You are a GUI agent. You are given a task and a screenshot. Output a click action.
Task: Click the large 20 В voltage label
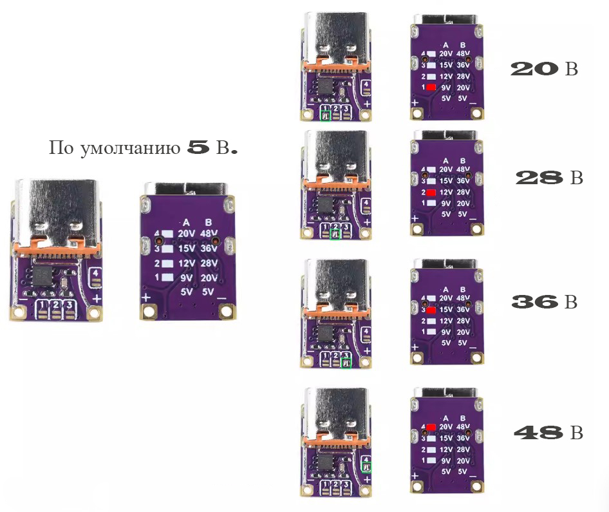(543, 69)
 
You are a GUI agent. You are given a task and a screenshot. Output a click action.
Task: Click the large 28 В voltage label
(549, 178)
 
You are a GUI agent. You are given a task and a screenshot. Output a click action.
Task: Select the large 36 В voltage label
(544, 301)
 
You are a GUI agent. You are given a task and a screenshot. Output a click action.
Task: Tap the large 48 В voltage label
(548, 433)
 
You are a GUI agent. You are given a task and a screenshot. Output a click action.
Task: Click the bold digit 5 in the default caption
(198, 147)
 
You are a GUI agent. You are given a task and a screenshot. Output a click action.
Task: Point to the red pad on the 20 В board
(431, 87)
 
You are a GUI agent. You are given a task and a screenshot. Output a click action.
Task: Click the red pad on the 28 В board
(431, 193)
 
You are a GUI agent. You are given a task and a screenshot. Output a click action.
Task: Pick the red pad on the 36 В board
(431, 310)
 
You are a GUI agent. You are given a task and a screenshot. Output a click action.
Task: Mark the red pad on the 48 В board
(431, 426)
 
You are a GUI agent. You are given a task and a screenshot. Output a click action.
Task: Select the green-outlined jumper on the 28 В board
(335, 235)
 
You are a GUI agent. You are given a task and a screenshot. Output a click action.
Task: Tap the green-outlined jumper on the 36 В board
(347, 363)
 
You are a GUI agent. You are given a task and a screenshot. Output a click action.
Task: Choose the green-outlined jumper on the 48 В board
(366, 467)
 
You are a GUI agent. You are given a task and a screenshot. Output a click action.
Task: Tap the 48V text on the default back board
(210, 234)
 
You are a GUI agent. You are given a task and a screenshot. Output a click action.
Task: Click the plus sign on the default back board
(146, 297)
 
